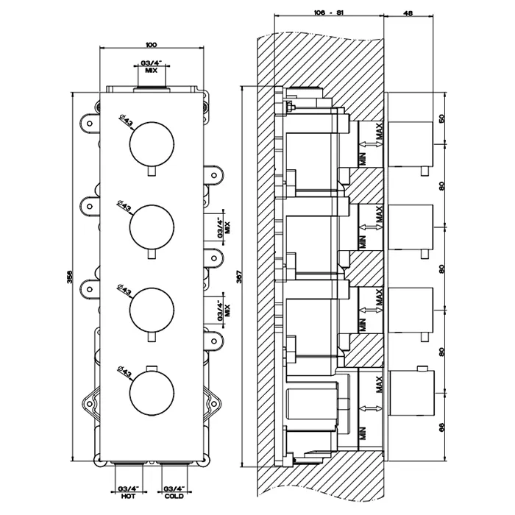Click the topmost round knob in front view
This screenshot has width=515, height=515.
pyautogui.click(x=152, y=144)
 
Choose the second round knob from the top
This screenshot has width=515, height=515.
pyautogui.click(x=152, y=227)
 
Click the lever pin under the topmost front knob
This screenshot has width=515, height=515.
pyautogui.click(x=152, y=172)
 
